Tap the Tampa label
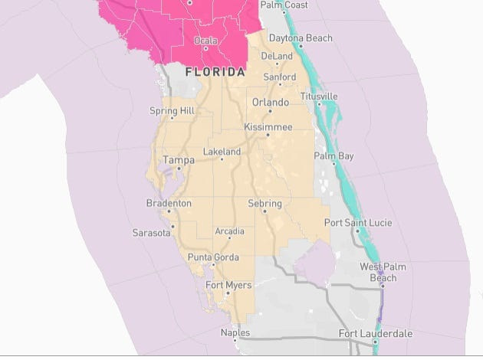(x=179, y=160)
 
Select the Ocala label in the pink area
(x=205, y=40)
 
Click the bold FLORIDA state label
(x=215, y=72)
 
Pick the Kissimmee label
(x=268, y=126)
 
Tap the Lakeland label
(x=222, y=152)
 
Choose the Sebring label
(x=265, y=204)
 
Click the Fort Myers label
(x=225, y=286)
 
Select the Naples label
(x=235, y=333)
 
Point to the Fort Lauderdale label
(x=376, y=334)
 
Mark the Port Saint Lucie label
(x=358, y=223)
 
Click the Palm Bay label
(x=334, y=156)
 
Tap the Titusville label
(x=319, y=97)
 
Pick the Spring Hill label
(x=172, y=111)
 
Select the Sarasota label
(x=151, y=233)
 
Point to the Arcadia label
(x=229, y=231)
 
